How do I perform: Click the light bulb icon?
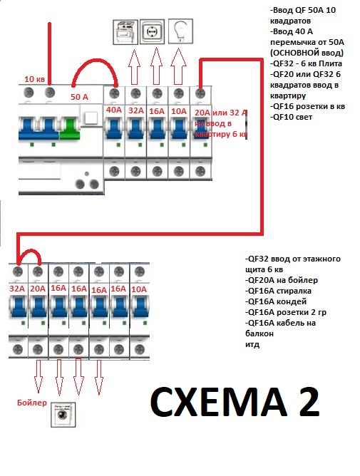180,31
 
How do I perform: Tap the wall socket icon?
152,31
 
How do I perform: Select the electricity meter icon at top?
125,32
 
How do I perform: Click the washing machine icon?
63,415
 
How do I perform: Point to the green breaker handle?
69,129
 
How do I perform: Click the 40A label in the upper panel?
114,110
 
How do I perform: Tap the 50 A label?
79,97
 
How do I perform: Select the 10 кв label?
34,79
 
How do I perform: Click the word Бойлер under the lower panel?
32,403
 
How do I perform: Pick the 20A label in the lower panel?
38,289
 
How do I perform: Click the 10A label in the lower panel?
139,289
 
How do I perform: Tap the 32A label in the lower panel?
17,289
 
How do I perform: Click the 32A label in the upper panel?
135,110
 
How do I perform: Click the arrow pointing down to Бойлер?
38,376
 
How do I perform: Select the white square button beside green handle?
91,118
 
